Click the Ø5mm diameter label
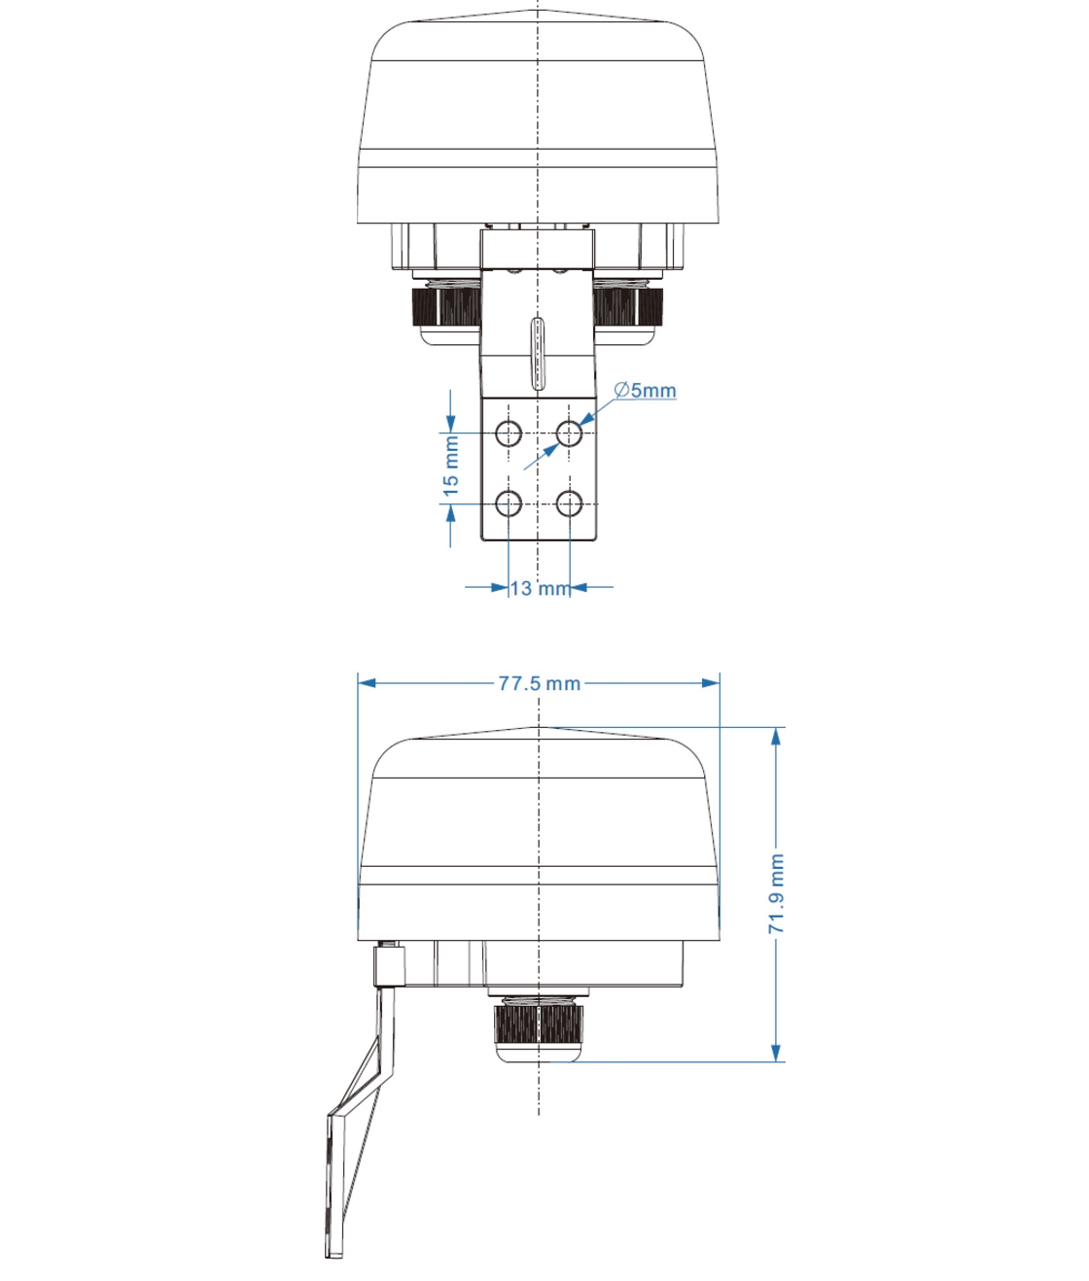[x=646, y=391]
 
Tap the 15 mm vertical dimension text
[x=451, y=467]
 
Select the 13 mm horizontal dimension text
[x=540, y=588]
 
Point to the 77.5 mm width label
[x=539, y=683]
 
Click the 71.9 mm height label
[x=776, y=893]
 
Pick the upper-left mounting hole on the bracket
[x=509, y=433]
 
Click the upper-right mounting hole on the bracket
[x=570, y=433]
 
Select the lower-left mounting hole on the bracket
[x=509, y=503]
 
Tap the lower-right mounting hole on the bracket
[x=570, y=503]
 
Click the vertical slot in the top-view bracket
[x=538, y=352]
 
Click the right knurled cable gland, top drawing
[x=627, y=305]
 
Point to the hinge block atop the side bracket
[x=390, y=966]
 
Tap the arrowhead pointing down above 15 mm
[x=450, y=424]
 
